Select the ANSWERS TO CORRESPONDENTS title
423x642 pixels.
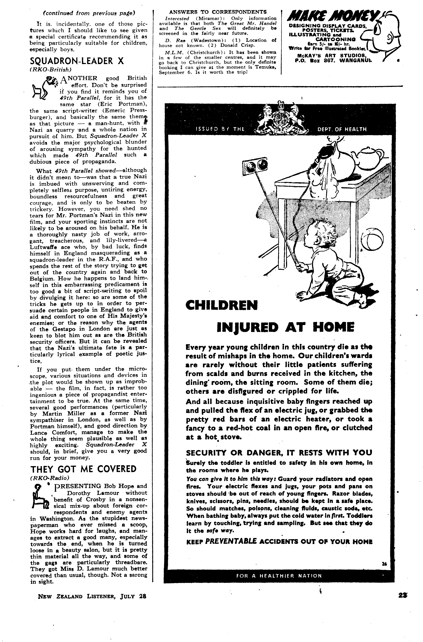(x=218, y=12)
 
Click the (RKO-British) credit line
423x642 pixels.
(x=50, y=69)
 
